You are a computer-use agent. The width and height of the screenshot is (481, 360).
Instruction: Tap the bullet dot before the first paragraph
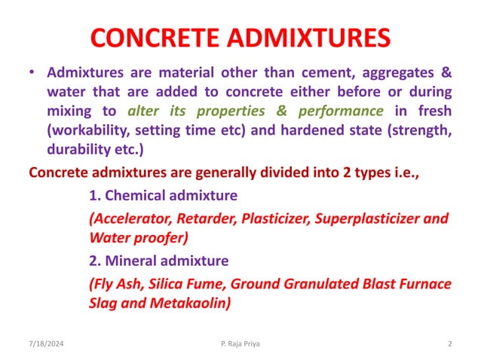pos(32,75)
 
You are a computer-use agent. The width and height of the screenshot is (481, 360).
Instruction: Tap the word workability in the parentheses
pos(83,130)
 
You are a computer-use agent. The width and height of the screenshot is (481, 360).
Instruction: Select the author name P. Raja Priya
pos(237,344)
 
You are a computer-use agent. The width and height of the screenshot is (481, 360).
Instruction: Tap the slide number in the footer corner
pos(449,344)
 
